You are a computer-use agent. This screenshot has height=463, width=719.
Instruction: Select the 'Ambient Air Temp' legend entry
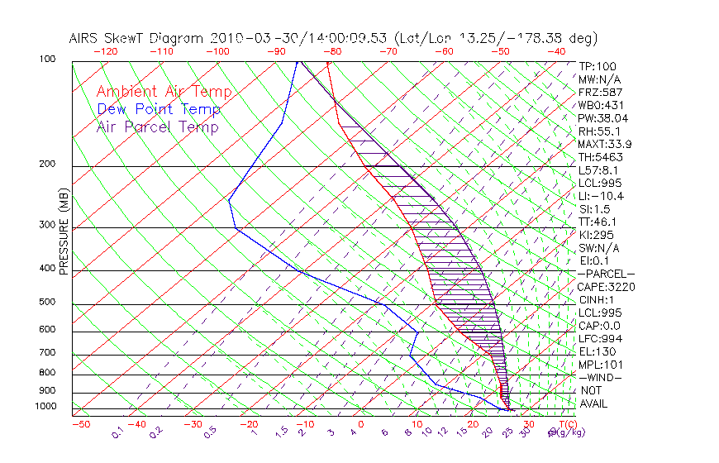[x=164, y=92]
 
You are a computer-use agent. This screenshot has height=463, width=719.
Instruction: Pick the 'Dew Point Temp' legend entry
[x=159, y=109]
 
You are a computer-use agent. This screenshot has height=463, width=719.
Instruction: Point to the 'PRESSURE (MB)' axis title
[x=64, y=235]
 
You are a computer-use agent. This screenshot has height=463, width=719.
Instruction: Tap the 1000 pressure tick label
[x=46, y=407]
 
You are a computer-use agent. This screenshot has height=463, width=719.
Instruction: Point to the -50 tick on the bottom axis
[x=81, y=424]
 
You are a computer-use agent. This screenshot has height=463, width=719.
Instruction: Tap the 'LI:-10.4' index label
[x=601, y=196]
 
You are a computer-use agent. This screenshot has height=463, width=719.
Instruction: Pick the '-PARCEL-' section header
[x=606, y=274]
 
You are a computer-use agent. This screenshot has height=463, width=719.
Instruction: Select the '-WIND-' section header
[x=600, y=377]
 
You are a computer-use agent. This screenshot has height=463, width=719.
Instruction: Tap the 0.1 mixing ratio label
[x=117, y=432]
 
